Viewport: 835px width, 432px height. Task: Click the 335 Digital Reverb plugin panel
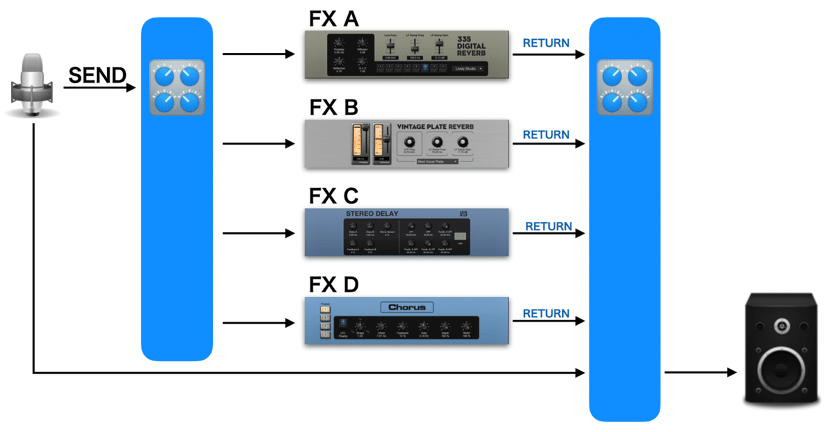click(407, 54)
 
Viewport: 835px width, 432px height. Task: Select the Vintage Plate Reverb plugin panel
click(407, 143)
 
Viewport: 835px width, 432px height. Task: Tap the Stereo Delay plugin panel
click(407, 232)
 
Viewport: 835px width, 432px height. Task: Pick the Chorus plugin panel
click(407, 321)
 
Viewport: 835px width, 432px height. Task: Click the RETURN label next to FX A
click(546, 43)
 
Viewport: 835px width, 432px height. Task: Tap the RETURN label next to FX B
click(546, 134)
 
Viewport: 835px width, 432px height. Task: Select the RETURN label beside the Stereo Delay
click(548, 226)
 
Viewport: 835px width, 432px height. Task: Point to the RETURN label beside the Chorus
click(546, 313)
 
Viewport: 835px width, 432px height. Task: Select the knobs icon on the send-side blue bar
click(177, 88)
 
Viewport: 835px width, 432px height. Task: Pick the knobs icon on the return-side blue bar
click(624, 88)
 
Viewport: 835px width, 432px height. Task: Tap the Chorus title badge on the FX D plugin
click(407, 307)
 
